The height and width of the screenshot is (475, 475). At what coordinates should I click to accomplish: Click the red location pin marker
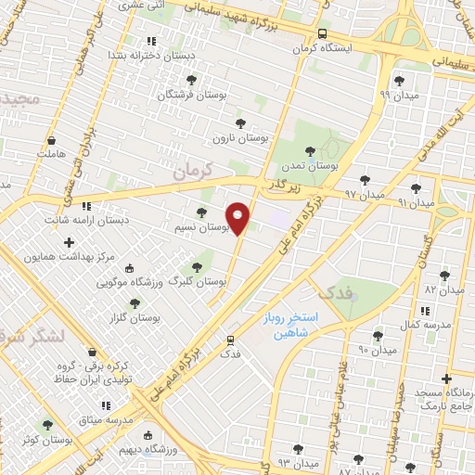point(238,218)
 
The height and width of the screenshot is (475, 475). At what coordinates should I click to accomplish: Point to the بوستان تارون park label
point(240,137)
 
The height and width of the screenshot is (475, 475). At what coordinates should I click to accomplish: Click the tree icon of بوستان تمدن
point(310,151)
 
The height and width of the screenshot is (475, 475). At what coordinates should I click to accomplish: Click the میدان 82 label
point(443,290)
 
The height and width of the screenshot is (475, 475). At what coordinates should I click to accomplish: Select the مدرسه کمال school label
point(430,325)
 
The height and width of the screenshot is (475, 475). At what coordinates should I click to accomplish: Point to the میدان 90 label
point(377,350)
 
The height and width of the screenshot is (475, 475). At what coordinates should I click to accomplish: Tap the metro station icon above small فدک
point(230,340)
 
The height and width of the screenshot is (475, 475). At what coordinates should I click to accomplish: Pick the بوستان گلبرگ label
point(200,280)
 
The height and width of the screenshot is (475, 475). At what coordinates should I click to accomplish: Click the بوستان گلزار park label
point(135,317)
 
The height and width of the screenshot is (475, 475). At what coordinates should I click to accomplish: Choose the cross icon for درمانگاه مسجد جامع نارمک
point(447,379)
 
